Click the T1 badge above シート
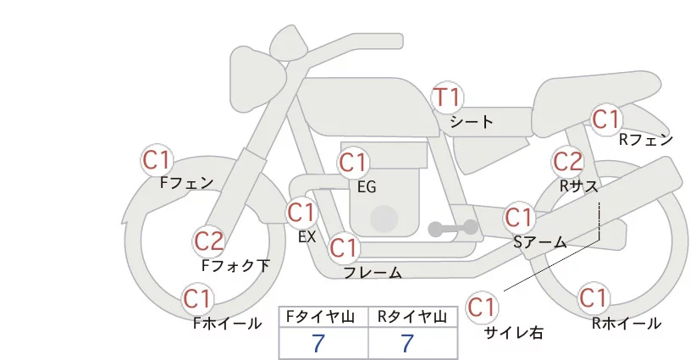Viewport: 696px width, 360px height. click(447, 98)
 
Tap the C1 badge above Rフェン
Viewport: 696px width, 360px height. click(606, 120)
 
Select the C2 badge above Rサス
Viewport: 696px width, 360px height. click(567, 161)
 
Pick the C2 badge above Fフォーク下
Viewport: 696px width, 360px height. click(209, 241)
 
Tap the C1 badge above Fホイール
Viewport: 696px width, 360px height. click(198, 299)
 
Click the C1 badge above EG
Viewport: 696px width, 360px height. click(353, 162)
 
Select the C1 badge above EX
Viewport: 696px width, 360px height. click(301, 212)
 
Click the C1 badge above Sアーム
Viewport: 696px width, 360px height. click(519, 216)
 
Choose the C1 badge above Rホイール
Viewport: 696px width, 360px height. click(594, 298)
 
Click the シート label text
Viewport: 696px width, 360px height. click(472, 122)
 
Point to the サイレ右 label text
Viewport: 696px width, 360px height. click(514, 333)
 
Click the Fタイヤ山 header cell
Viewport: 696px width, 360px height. click(323, 317)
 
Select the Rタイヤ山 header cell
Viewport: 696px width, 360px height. click(412, 317)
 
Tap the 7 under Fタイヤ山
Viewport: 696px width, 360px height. click(319, 343)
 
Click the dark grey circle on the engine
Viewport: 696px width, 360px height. click(384, 219)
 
